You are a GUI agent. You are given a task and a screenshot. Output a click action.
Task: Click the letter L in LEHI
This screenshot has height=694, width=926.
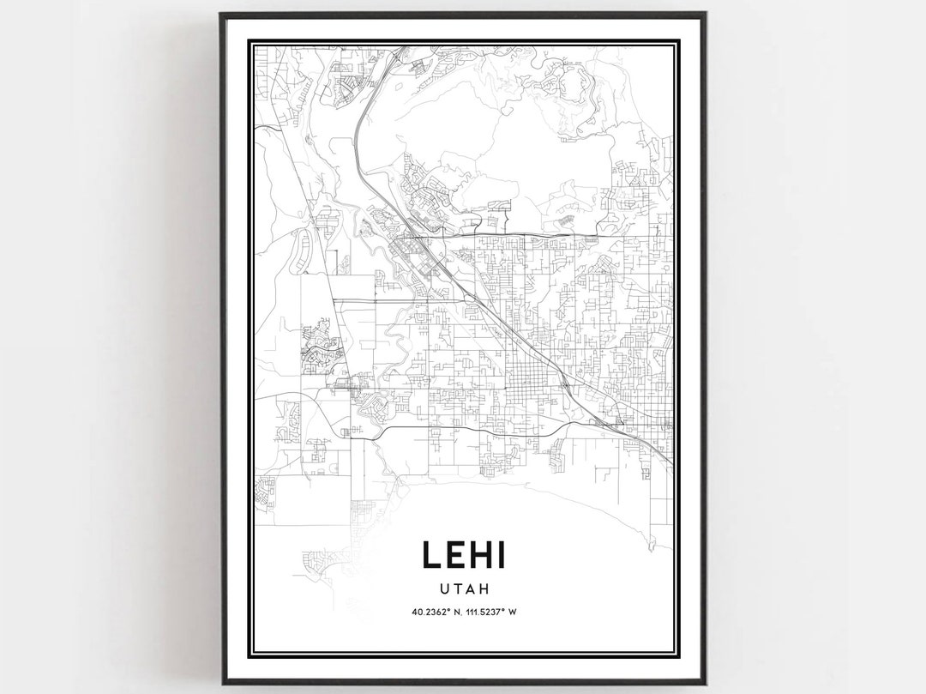[431, 555]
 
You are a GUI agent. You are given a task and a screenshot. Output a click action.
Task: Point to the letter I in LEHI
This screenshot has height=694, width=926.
[506, 555]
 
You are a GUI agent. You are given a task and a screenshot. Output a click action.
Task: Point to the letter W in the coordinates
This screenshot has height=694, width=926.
[520, 613]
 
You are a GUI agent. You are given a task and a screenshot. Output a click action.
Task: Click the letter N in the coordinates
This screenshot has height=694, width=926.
[459, 613]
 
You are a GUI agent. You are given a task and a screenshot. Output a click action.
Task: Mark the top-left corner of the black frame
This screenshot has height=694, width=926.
[220, 14]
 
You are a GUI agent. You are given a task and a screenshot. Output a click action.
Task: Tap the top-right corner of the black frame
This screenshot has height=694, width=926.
[706, 14]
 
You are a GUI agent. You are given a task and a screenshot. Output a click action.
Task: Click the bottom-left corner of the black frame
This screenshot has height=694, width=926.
[222, 683]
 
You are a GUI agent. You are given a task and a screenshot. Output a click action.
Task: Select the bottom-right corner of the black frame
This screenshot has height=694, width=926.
[706, 683]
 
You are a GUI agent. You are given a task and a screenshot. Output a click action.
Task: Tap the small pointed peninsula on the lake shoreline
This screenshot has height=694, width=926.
[651, 545]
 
